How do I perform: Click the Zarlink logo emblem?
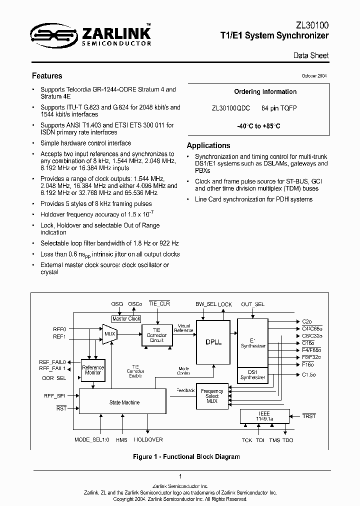pos(48,34)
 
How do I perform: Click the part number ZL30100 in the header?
pos(311,24)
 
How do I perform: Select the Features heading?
pos(47,76)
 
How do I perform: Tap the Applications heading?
pos(208,145)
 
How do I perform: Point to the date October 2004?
pos(314,75)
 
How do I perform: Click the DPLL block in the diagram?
pos(210,342)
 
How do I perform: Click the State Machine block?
pos(123,402)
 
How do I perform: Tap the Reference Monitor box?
pos(93,370)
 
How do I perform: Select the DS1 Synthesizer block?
pos(252,374)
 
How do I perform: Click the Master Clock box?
pos(126,318)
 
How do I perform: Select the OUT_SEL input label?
pos(252,304)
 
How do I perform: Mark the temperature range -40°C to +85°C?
pos(258,126)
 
